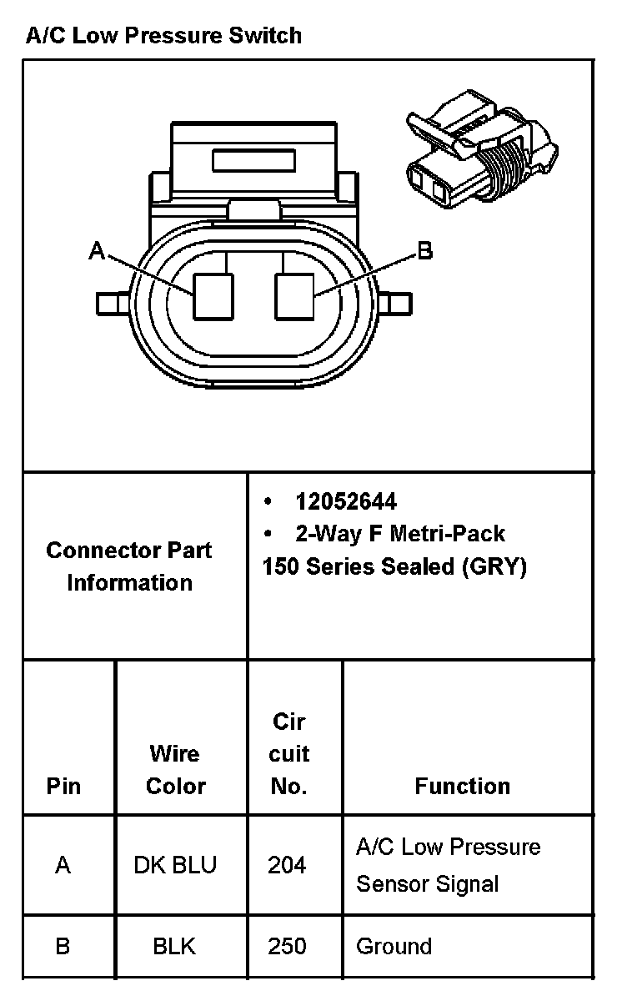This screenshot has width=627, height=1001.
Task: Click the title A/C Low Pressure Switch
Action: click(163, 35)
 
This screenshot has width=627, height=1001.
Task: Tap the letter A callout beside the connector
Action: click(98, 250)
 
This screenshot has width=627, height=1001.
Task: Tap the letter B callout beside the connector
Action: click(425, 250)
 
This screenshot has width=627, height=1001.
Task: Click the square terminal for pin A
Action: click(213, 298)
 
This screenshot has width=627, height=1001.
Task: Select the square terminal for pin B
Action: click(296, 298)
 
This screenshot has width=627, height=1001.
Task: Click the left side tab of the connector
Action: click(113, 302)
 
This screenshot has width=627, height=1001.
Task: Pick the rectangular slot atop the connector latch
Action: click(254, 160)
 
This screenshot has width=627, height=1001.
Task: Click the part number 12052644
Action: click(346, 501)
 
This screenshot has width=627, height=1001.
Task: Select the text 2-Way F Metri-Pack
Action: click(400, 533)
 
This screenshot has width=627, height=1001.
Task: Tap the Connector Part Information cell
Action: click(129, 566)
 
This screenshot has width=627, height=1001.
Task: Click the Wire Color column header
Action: click(175, 769)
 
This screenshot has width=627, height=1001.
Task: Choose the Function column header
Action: click(463, 786)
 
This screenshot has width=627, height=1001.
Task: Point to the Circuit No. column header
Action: click(289, 753)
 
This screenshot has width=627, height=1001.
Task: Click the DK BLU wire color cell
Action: click(175, 865)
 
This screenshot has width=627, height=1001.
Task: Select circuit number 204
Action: click(288, 865)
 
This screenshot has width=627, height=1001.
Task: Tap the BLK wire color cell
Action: click(175, 947)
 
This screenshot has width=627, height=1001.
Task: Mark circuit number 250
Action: click(288, 947)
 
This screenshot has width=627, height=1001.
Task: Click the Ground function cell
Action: click(394, 947)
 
